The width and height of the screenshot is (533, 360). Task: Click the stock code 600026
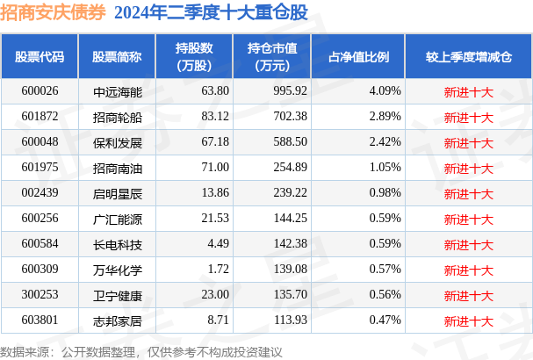[x=40, y=91]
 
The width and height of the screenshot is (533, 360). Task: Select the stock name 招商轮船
[x=118, y=118]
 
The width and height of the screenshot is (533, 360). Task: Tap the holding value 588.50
[x=291, y=141]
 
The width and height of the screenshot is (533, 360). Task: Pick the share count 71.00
[x=215, y=167]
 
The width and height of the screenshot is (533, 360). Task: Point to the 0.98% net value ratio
[x=385, y=193]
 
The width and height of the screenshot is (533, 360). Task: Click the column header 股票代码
[x=40, y=57]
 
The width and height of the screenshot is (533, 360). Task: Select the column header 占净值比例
[x=358, y=57]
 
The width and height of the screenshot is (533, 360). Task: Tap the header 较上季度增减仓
[x=469, y=57]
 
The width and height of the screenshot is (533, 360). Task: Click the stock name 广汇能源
[x=118, y=220]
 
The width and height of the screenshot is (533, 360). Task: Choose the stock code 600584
[x=40, y=244]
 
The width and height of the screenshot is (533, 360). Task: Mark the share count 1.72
[x=219, y=270]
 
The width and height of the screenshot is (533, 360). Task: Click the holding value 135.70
[x=291, y=295]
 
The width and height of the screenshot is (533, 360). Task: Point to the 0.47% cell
[x=385, y=320]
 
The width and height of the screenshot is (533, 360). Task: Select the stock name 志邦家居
[x=118, y=321]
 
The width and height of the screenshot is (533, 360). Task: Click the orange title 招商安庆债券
[x=53, y=13]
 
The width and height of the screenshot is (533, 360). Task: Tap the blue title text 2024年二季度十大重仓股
[x=211, y=13]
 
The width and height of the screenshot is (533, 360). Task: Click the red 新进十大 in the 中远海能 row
[x=469, y=92]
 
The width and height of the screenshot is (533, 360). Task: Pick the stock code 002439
[x=40, y=193]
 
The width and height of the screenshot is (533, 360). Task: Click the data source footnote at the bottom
[x=141, y=352]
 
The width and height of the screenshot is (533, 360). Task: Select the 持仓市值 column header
[x=272, y=57]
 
